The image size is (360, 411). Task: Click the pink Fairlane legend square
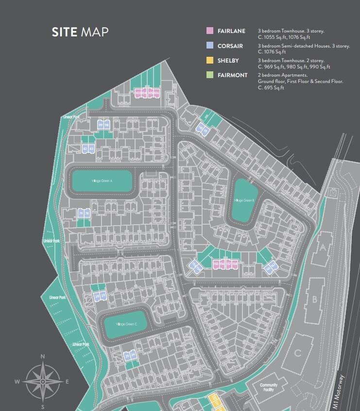[210, 31]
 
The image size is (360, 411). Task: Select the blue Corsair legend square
[210, 46]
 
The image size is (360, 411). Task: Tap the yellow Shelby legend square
[210, 61]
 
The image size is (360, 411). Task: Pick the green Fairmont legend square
[210, 75]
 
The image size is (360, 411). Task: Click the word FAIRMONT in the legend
[233, 75]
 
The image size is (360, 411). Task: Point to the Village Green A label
[102, 181]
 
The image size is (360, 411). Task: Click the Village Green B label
[242, 200]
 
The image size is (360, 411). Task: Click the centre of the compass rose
[43, 382]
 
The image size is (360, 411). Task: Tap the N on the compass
[43, 357]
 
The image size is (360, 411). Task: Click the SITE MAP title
[80, 32]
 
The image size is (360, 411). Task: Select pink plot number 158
[235, 263]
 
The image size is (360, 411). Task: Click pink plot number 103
[138, 92]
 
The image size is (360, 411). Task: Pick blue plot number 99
[101, 125]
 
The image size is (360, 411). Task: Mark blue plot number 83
[91, 148]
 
